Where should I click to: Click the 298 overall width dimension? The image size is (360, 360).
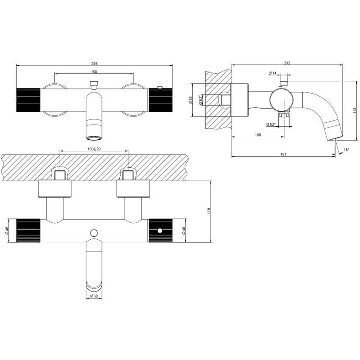coord(94,64)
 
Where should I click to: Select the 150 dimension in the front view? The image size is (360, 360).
coord(94,72)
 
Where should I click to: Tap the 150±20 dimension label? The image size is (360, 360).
coord(94,149)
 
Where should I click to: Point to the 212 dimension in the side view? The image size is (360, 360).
coord(287,63)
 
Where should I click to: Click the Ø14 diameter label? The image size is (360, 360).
coord(273,73)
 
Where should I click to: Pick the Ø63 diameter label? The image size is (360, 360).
coord(191,100)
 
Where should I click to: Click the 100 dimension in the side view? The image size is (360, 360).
coord(258,135)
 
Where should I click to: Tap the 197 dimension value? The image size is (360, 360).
coord(283,154)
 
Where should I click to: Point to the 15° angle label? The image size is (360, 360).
coord(346,150)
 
